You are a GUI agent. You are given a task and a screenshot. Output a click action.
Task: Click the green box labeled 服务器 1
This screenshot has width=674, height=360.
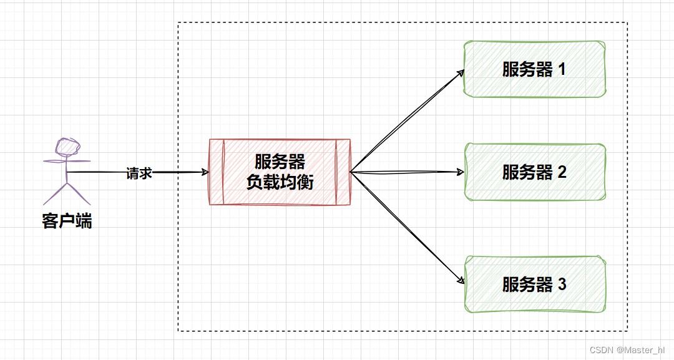[535, 69]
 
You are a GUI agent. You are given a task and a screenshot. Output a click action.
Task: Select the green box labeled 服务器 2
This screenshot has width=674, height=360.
[535, 172]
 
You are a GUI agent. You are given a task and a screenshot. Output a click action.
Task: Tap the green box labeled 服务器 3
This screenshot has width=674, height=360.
[535, 285]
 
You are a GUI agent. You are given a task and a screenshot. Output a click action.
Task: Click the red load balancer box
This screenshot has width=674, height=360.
[280, 172]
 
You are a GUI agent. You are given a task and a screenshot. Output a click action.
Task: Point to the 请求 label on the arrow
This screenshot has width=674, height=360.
[139, 173]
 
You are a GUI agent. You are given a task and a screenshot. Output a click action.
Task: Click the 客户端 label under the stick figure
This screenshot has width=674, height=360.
[67, 220]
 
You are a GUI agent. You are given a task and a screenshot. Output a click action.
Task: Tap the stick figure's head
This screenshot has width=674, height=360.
[67, 145]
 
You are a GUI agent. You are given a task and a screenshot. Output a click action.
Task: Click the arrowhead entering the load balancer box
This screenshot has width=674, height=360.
[205, 172]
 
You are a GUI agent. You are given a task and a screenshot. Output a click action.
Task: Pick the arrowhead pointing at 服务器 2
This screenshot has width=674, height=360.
[461, 172]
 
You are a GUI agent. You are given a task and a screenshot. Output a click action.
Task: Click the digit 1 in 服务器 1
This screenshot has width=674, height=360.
[561, 69]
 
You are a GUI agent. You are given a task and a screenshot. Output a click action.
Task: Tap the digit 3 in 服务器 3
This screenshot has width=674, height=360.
[562, 285]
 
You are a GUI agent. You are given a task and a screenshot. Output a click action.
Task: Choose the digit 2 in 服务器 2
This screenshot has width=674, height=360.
[562, 172]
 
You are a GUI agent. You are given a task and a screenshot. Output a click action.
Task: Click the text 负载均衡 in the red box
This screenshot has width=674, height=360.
[280, 182]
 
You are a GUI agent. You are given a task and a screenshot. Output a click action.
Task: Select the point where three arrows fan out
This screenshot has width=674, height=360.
[351, 172]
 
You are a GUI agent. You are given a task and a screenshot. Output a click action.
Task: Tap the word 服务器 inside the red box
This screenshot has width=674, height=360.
[280, 162]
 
